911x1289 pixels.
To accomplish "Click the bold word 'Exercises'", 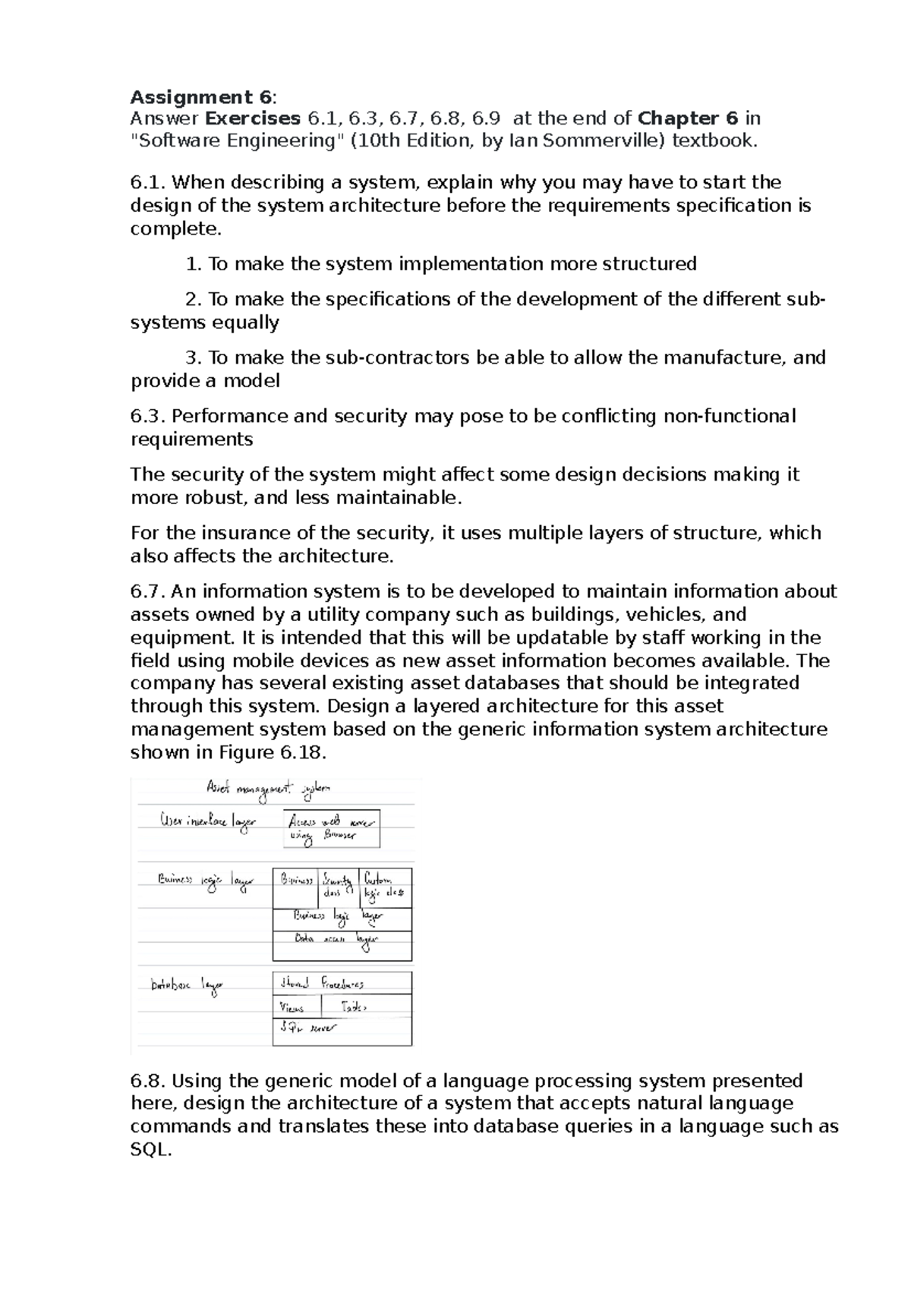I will point(253,118).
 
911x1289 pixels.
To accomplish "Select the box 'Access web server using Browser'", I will point(332,829).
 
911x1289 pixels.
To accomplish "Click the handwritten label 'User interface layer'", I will point(207,822).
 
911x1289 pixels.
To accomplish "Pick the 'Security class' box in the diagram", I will point(338,887).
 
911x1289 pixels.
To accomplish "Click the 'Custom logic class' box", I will point(385,887).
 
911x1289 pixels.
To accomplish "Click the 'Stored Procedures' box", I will point(342,983).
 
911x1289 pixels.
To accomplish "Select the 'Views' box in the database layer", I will point(296,1007).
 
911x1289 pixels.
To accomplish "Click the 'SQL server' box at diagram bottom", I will point(342,1032).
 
